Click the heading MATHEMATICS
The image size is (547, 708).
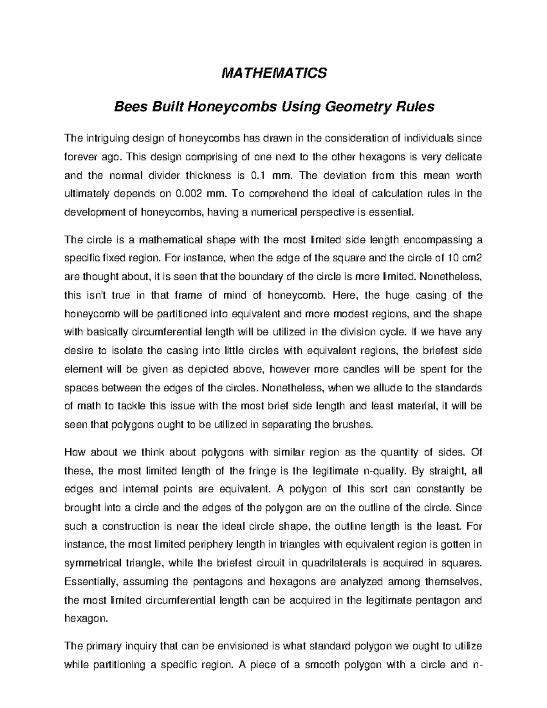[274, 73]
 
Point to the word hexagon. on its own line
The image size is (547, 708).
[80, 619]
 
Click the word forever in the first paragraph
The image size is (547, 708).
[80, 157]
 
